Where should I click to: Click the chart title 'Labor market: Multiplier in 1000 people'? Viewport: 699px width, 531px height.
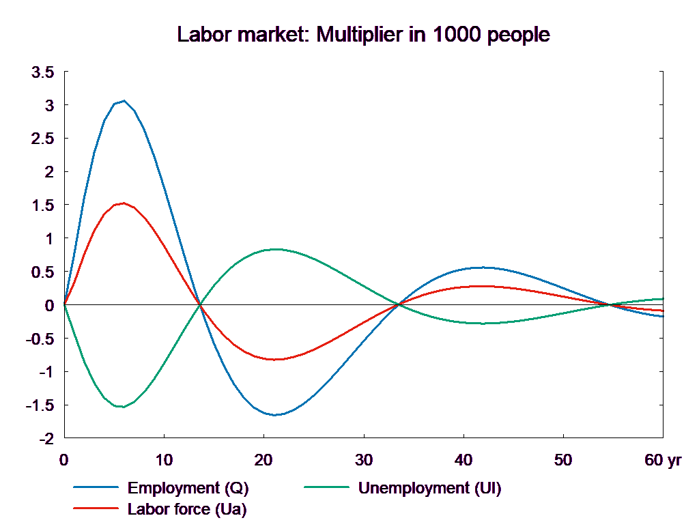(363, 35)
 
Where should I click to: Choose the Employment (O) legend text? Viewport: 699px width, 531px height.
(188, 488)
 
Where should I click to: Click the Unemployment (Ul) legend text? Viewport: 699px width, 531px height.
(429, 488)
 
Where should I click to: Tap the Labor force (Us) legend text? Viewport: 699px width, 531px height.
(187, 508)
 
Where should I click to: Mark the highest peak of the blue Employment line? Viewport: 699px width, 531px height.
(124, 101)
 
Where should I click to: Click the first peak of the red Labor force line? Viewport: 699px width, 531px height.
(124, 203)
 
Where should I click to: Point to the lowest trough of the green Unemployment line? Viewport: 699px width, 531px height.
(122, 407)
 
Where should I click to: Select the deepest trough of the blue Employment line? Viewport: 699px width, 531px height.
(275, 415)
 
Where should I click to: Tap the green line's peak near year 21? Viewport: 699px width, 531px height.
(275, 249)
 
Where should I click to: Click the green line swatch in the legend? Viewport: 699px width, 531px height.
(327, 488)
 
